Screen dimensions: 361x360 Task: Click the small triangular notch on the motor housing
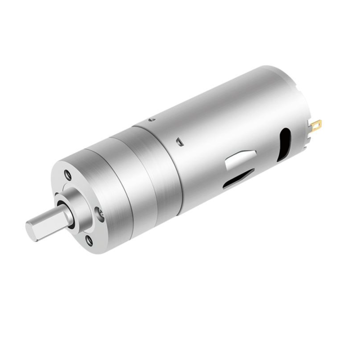pyautogui.click(x=179, y=141)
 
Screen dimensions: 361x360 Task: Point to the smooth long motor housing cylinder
pyautogui.click(x=225, y=124)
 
